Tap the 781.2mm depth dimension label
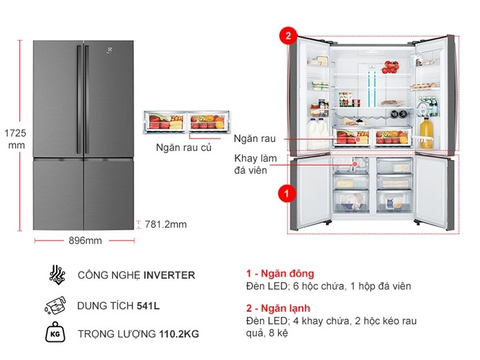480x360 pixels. (x=166, y=224)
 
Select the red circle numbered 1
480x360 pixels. (x=282, y=194)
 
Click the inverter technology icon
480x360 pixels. (x=57, y=274)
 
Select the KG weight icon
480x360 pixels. (x=57, y=334)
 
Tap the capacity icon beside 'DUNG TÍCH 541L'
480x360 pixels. (x=57, y=305)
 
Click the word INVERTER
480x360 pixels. (x=169, y=275)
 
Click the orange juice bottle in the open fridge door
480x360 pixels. (x=426, y=131)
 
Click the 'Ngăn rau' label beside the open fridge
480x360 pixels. (x=250, y=139)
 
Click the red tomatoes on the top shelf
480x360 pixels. (x=390, y=68)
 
